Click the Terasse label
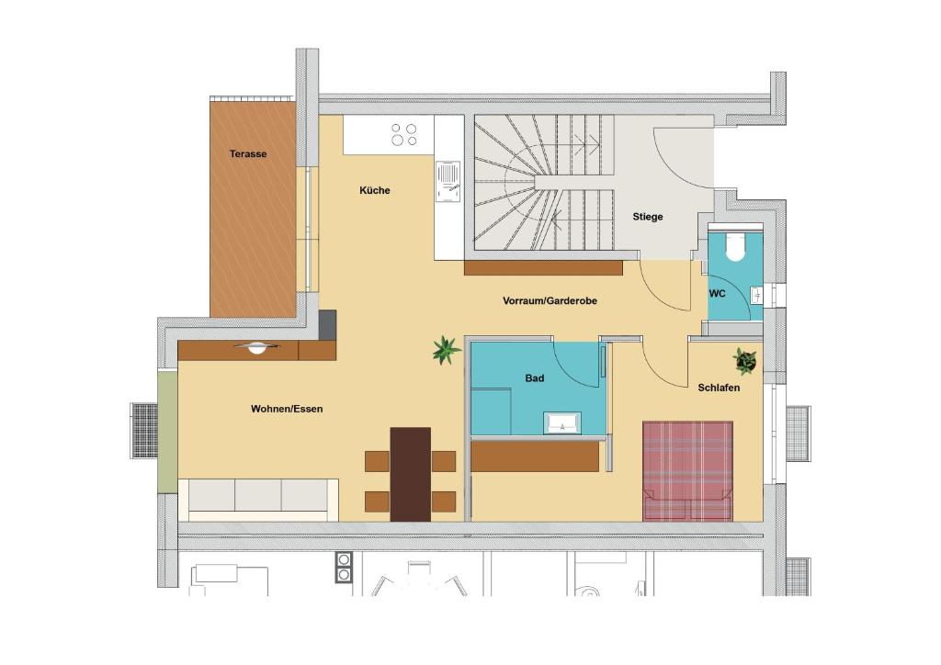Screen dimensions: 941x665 click(x=248, y=154)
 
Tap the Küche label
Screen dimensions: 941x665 click(x=375, y=191)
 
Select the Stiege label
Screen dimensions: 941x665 click(x=648, y=217)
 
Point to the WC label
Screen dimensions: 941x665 click(x=717, y=294)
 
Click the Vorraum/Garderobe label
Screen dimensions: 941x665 click(x=550, y=301)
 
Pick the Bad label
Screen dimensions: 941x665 click(x=535, y=378)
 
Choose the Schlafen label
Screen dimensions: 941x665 click(x=719, y=388)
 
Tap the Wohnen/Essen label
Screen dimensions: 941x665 click(x=287, y=409)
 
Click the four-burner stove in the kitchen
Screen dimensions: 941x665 click(x=404, y=135)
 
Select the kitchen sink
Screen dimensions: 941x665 click(x=448, y=182)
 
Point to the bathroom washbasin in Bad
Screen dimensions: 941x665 click(x=561, y=423)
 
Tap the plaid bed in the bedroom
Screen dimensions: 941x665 click(x=687, y=470)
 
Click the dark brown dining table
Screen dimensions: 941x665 click(x=411, y=474)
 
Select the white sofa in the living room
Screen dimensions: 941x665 click(x=259, y=500)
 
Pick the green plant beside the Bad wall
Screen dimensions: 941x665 click(x=446, y=350)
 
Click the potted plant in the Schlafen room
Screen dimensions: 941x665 click(x=744, y=361)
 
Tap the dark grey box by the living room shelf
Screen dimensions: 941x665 click(x=327, y=325)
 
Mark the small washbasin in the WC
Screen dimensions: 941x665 click(x=756, y=295)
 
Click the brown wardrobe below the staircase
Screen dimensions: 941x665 click(x=544, y=268)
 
